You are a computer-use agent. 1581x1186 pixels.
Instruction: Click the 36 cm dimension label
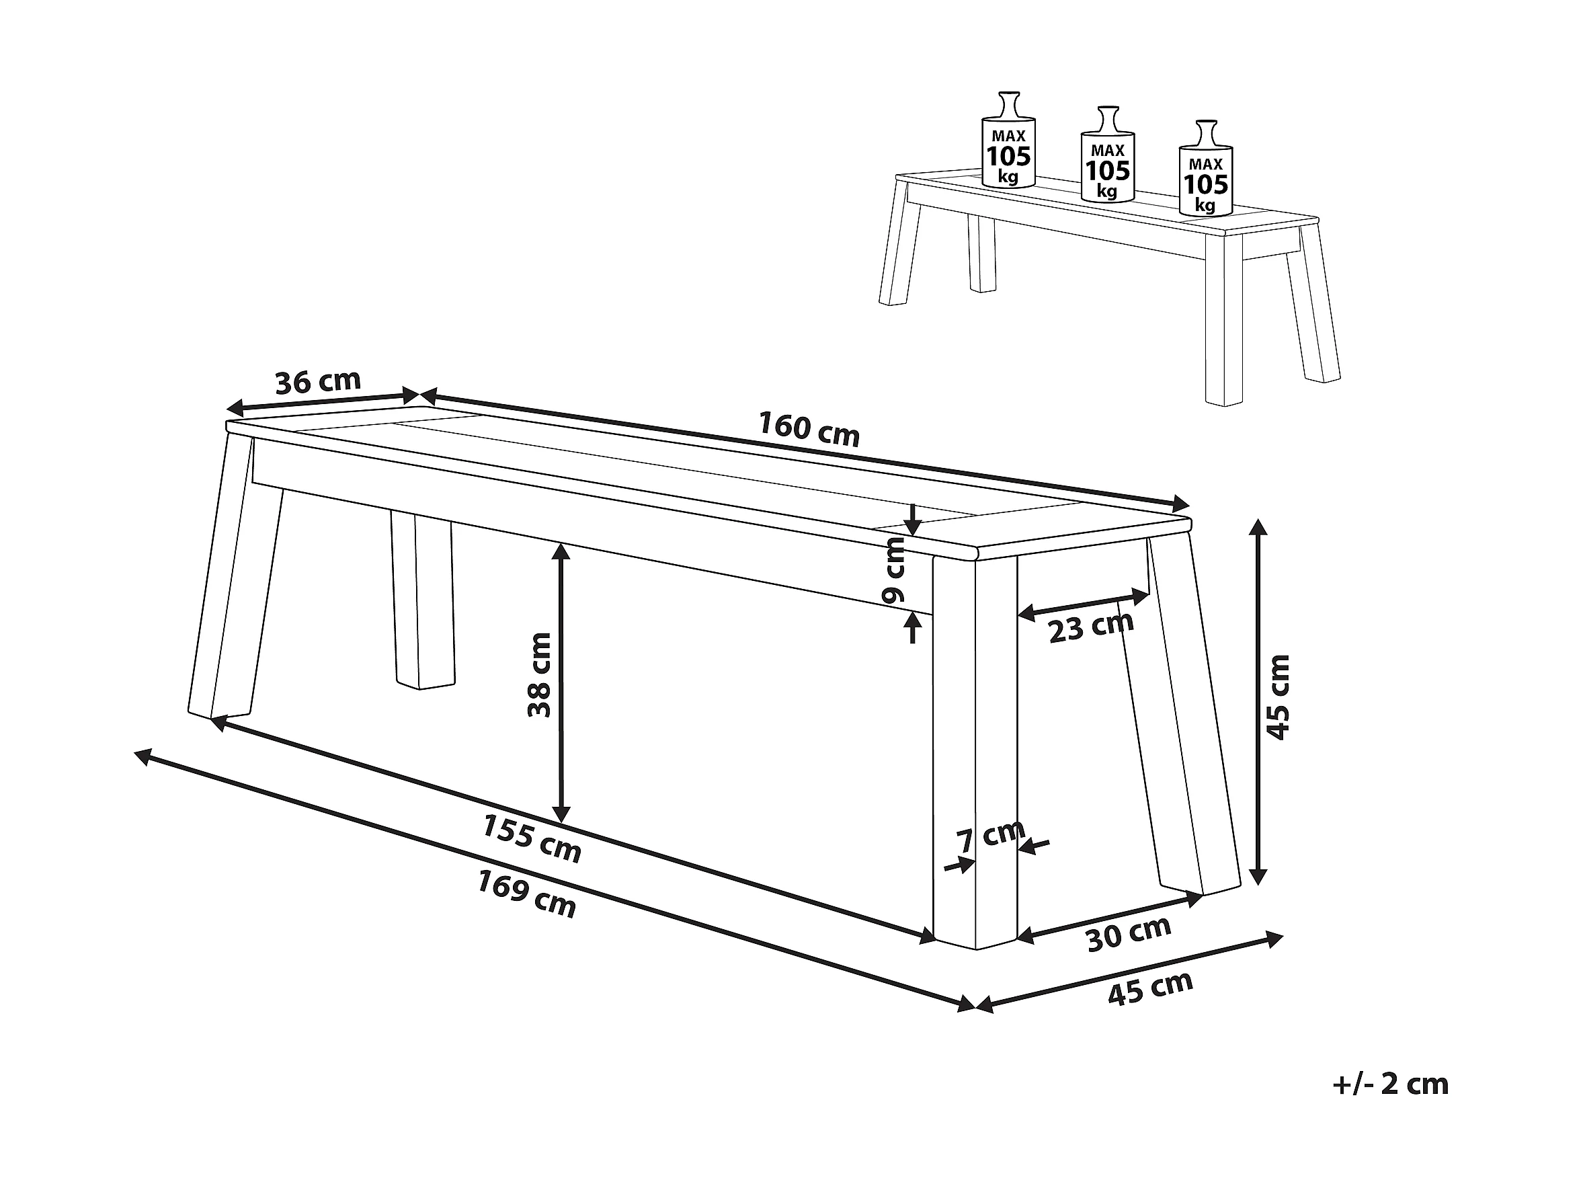point(318,382)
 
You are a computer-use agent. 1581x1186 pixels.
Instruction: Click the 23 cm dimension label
point(1092,629)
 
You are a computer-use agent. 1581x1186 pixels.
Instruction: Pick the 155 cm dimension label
point(532,838)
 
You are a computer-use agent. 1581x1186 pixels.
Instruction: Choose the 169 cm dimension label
point(527,894)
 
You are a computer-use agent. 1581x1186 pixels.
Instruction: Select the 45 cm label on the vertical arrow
point(1278,697)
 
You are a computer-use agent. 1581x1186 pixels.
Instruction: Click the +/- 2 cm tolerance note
point(1391,1084)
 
